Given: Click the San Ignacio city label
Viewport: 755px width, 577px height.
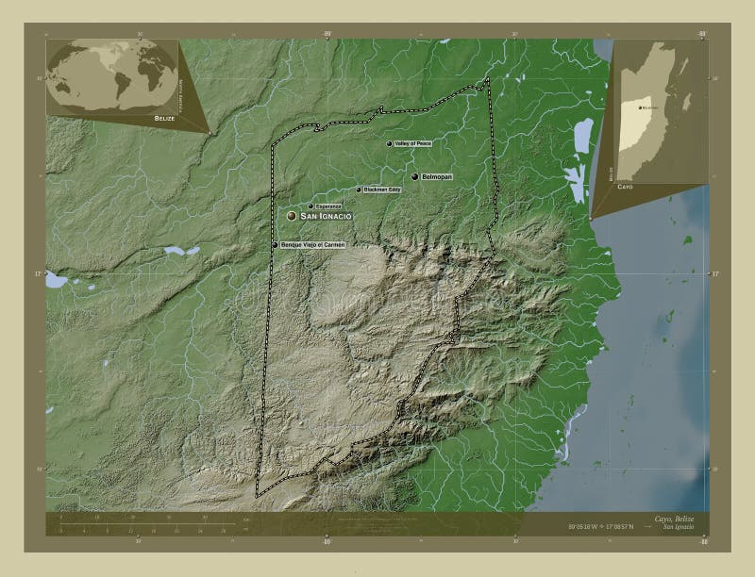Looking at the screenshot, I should pos(327,217).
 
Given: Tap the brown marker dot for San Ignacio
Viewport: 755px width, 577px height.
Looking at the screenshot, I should pos(292,217).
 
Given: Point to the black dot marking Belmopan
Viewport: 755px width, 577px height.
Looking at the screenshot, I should pos(415,176).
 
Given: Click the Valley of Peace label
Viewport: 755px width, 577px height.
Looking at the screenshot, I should pos(413,143).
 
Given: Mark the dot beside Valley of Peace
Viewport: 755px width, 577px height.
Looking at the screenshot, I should pos(389,143).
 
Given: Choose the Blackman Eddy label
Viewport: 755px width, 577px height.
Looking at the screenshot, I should pos(382,190).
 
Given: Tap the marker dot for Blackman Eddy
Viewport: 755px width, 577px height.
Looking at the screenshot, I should pos(359,190).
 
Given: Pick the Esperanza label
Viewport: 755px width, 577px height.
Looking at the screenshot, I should pos(328,206).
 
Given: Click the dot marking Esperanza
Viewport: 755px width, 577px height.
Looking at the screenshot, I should pos(310,206).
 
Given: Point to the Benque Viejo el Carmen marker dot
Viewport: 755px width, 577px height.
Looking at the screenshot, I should pos(276,245).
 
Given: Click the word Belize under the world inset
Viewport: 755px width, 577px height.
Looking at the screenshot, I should pos(165,121).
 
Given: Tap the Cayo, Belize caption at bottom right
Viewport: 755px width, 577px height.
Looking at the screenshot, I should pos(674,519).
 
